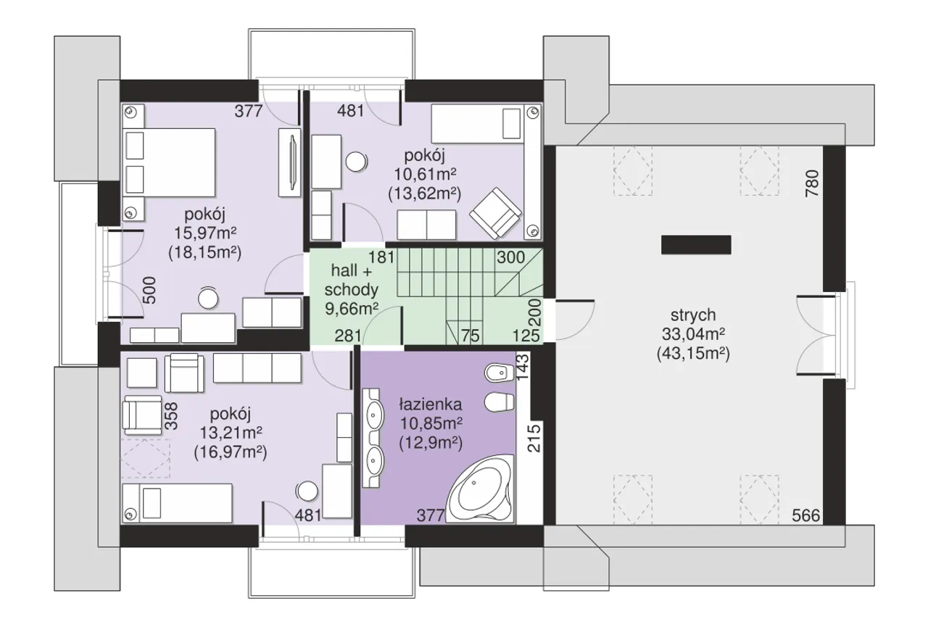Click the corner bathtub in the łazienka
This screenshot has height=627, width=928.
481,489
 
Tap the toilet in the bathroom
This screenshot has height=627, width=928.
500,402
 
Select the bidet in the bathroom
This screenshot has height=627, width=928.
500,373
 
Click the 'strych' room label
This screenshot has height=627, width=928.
693,315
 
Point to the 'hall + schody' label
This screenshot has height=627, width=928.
352,281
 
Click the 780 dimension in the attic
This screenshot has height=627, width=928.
812,183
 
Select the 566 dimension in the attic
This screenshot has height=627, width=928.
805,515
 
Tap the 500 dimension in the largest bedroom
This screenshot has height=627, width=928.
149,291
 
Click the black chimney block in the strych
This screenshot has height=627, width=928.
696,245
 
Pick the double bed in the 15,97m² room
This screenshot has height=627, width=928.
169,162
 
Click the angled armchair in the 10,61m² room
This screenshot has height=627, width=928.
495,213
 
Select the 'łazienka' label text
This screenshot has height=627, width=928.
431,404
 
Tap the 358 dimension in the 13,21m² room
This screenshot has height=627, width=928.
170,416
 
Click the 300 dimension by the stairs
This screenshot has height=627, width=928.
511,257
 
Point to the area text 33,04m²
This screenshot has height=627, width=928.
693,333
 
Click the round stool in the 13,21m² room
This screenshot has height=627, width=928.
307,491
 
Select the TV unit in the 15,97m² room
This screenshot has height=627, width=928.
289,162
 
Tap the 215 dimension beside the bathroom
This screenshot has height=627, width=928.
534,437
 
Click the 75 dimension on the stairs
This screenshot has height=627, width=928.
471,336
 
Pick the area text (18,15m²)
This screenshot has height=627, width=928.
204,253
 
